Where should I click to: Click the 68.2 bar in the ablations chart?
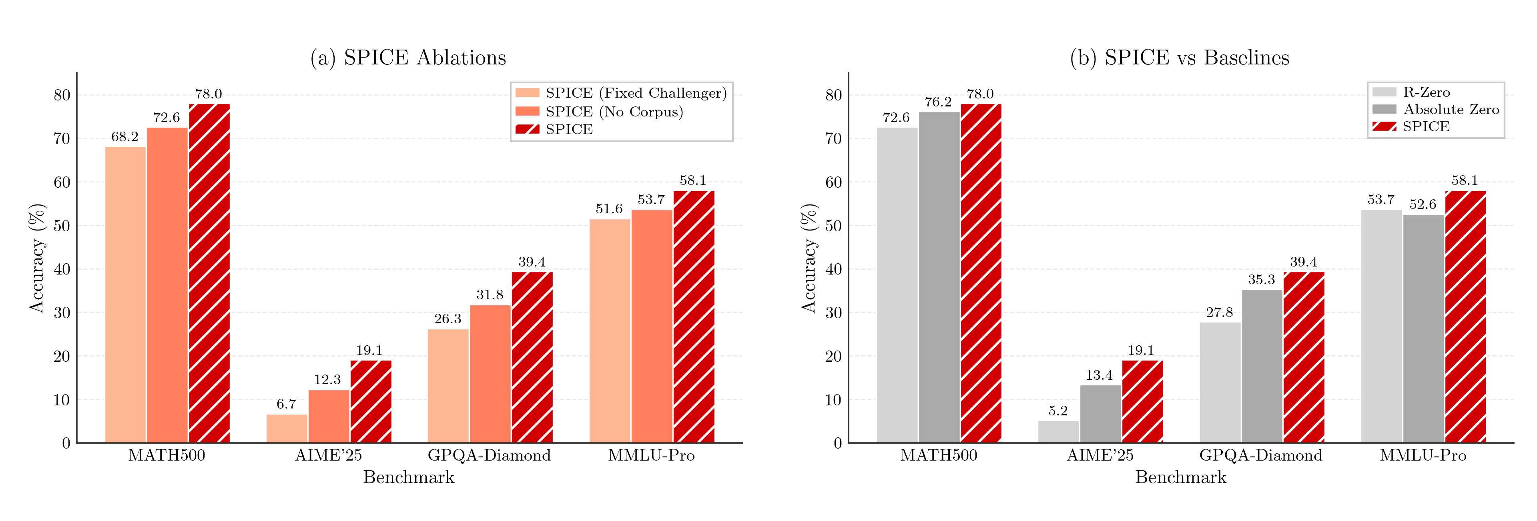point(125,295)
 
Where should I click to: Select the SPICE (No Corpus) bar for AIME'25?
point(329,417)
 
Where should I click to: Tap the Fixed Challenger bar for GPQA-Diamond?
point(448,386)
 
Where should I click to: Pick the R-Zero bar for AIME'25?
point(1058,432)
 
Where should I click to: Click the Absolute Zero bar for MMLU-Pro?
point(1423,329)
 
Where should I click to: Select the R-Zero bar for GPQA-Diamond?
point(1220,383)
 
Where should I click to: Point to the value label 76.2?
point(938,102)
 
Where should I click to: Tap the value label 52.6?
point(1423,205)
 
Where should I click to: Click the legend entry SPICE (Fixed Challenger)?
point(636,93)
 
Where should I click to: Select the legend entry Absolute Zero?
point(1451,109)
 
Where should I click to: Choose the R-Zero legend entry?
point(1426,92)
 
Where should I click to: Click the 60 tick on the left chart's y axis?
point(62,182)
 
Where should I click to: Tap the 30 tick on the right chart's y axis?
point(833,313)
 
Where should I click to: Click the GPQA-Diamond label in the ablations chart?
point(489,455)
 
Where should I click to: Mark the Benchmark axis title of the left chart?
point(409,477)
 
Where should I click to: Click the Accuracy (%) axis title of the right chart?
point(809,258)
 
